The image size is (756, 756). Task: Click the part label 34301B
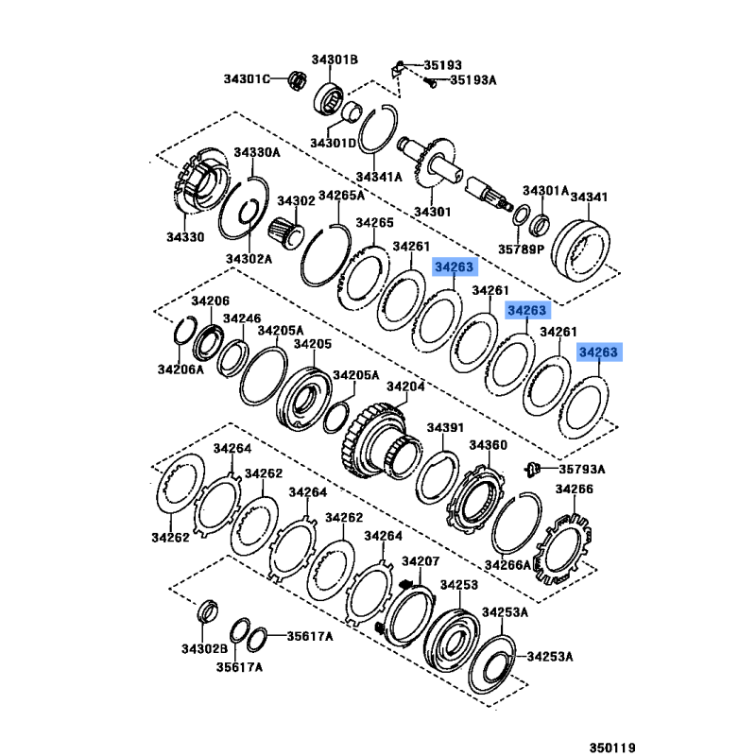(335, 60)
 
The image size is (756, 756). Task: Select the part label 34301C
(247, 78)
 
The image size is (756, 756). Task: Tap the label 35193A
(473, 79)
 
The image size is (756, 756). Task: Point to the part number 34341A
(379, 177)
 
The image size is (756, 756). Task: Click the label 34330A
(257, 152)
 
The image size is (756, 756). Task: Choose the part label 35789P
(522, 249)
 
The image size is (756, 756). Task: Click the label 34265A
(342, 196)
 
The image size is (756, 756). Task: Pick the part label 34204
(406, 387)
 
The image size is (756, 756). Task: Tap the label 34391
(445, 428)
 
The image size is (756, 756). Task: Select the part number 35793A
(582, 469)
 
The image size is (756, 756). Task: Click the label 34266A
(507, 565)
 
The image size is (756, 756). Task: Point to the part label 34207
(421, 561)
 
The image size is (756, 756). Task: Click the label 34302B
(204, 649)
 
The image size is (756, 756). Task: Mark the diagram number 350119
(612, 747)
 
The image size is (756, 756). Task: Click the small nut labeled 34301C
(298, 79)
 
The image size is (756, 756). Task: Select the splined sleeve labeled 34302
(286, 233)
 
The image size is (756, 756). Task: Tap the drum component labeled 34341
(580, 250)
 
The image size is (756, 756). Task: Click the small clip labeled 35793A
(532, 469)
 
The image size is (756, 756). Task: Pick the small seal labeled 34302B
(208, 611)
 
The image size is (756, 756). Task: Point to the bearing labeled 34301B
(329, 99)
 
